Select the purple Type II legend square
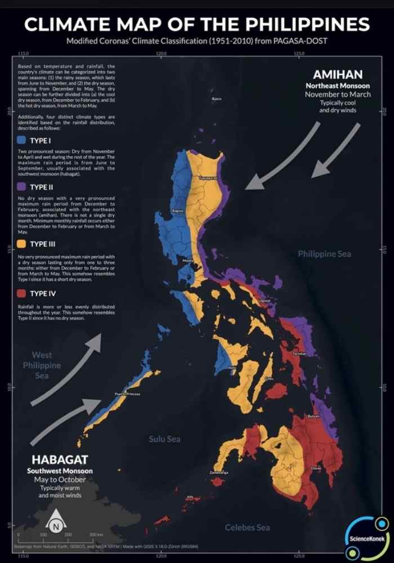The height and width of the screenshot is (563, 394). point(22,187)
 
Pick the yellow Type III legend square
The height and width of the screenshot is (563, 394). point(22,244)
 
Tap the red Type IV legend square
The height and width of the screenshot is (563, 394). point(22,293)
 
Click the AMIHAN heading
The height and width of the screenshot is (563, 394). point(338,75)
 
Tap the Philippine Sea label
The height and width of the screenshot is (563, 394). point(324,254)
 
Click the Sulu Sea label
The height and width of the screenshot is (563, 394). point(164,439)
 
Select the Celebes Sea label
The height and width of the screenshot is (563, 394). point(248,528)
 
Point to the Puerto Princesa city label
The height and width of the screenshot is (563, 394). point(127,394)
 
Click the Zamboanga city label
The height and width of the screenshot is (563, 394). point(219,472)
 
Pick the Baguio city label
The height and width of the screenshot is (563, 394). point(178,211)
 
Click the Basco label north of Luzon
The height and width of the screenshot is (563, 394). point(216,99)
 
